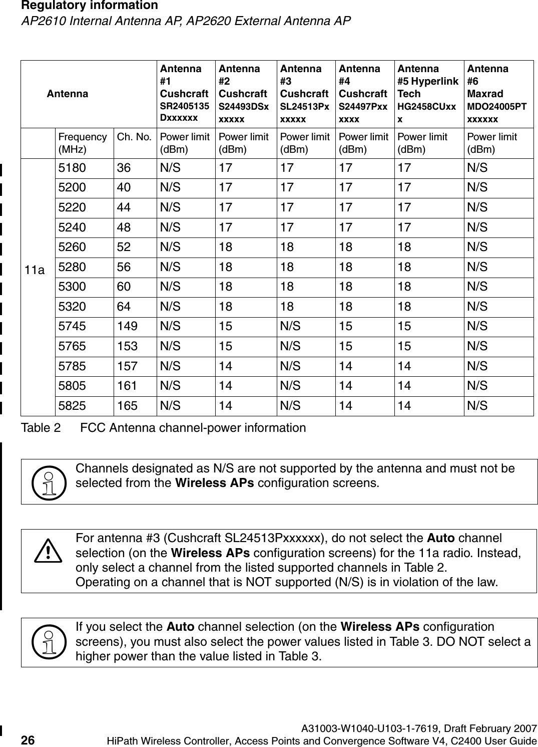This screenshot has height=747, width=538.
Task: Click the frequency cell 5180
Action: pos(72,168)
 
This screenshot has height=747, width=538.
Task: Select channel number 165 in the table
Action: pos(127,406)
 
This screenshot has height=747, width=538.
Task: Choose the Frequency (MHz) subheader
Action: pos(82,143)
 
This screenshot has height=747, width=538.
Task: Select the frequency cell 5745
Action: pos(72,327)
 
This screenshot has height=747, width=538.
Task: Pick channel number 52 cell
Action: pos(124,247)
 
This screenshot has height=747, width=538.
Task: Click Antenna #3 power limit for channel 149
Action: pos(290,327)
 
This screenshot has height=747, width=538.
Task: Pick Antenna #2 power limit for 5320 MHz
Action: pos(226,307)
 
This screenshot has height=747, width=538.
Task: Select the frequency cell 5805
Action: pos(72,386)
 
